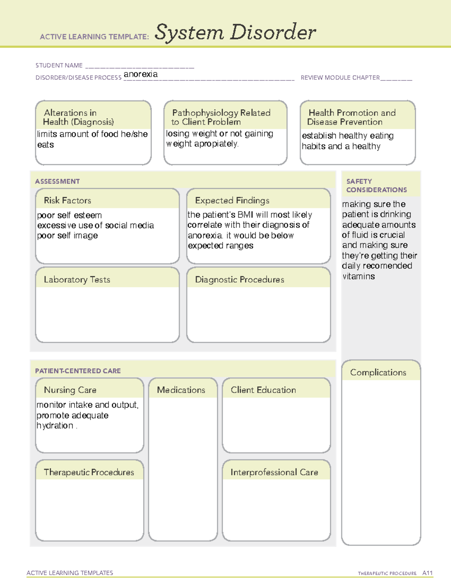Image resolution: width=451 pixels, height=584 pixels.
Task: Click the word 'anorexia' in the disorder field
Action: (x=141, y=74)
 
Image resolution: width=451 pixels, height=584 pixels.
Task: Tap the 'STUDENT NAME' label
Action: (x=59, y=65)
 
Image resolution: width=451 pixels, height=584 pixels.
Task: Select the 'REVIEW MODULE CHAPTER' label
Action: (x=340, y=77)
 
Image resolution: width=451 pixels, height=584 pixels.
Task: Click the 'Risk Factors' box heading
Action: (x=67, y=200)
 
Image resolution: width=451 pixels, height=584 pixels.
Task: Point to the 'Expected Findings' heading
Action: (x=232, y=200)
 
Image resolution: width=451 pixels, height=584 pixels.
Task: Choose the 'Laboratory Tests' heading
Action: (x=77, y=279)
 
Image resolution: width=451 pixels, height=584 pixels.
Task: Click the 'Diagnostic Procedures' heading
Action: (x=239, y=279)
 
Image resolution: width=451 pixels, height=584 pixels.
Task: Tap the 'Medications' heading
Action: (x=181, y=390)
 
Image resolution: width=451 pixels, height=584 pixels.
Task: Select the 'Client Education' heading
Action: (x=263, y=390)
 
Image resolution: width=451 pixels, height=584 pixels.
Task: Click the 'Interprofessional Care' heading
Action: (x=274, y=472)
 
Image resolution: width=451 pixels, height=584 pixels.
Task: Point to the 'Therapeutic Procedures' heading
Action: (x=89, y=472)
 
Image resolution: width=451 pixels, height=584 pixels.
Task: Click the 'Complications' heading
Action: (x=378, y=372)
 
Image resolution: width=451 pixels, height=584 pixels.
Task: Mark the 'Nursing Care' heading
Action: (x=70, y=390)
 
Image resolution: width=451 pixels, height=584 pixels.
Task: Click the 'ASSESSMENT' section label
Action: (x=58, y=181)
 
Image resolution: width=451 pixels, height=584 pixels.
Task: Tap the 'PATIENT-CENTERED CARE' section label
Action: (x=78, y=371)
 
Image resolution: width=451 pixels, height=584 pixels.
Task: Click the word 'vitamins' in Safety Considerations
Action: (x=359, y=276)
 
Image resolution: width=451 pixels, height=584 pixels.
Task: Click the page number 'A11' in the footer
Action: (x=427, y=573)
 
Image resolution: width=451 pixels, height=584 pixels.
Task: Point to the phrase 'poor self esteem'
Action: (x=70, y=215)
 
